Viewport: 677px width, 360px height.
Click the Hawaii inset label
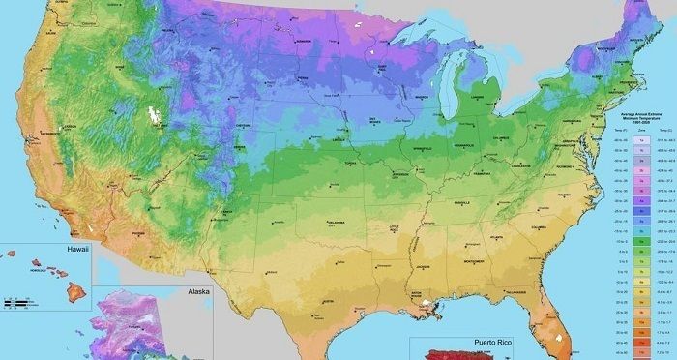click(x=77, y=249)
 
